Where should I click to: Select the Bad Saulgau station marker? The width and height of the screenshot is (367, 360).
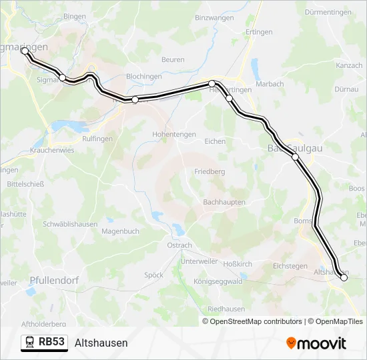click(295, 157)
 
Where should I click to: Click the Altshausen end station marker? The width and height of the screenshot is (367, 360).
click(344, 278)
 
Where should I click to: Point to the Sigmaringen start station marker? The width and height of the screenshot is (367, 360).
click(25, 51)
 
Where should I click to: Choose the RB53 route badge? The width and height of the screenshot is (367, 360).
click(44, 342)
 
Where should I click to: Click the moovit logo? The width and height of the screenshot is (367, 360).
click(316, 343)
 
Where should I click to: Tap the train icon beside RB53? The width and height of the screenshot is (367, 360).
click(30, 342)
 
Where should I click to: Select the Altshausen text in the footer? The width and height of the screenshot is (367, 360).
click(101, 343)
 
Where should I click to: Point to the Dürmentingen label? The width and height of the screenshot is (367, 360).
click(328, 12)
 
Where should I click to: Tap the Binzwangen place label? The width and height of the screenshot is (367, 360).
click(215, 18)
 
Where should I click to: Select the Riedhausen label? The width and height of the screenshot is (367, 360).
click(226, 309)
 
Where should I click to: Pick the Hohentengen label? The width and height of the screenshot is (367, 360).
click(174, 134)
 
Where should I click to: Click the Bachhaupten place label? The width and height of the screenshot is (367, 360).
click(224, 202)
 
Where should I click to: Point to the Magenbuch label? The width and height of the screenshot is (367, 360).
click(120, 231)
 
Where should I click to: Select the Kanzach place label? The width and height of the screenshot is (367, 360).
click(349, 65)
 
